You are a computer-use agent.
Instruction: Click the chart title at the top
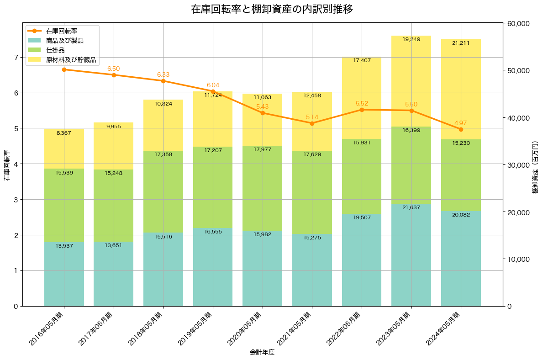(271, 9)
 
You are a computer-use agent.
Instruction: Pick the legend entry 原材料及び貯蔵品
(71, 60)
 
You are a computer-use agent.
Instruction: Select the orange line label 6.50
(113, 69)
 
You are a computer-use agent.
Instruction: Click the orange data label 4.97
(461, 123)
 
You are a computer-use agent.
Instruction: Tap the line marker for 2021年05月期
(312, 123)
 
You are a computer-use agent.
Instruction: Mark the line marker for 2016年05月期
(64, 69)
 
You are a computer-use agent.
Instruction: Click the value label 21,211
(461, 43)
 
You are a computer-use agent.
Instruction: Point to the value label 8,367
(64, 133)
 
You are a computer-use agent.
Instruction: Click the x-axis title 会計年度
(262, 352)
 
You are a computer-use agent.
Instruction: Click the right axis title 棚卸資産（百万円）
(535, 165)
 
